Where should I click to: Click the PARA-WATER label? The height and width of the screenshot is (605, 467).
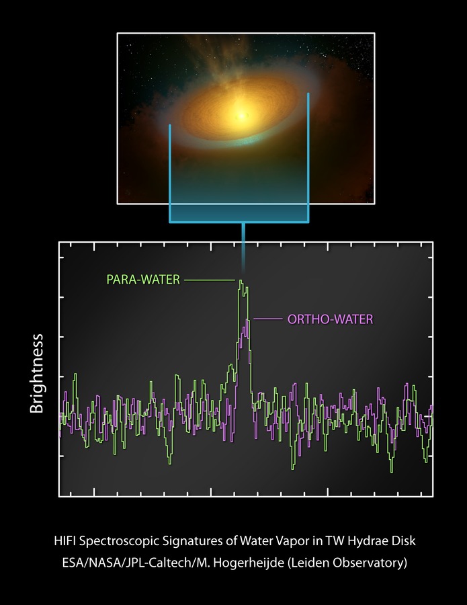click(143, 279)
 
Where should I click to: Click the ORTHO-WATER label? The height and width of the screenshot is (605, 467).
click(329, 319)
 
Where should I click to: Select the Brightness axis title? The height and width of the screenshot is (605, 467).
click(36, 373)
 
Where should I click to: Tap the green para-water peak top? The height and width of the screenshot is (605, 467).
click(241, 282)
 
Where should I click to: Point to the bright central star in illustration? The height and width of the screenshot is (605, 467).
click(240, 115)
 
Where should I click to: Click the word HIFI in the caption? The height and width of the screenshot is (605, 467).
click(66, 540)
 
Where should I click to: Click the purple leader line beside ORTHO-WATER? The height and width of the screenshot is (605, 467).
click(265, 319)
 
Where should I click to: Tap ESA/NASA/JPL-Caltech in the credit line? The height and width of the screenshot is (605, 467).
click(115, 563)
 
